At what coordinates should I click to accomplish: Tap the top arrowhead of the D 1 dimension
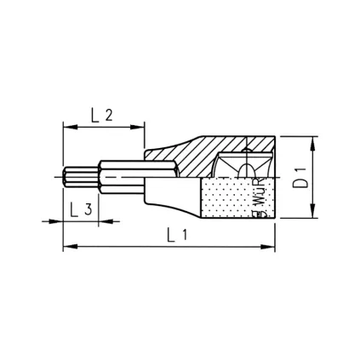point(315,141)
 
